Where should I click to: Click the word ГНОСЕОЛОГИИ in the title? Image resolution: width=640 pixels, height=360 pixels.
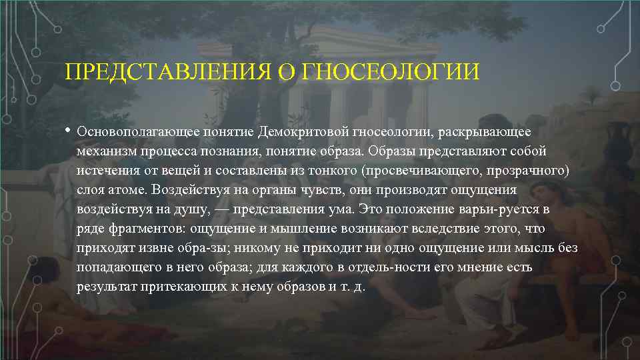[390, 71]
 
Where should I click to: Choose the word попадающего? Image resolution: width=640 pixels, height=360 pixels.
[116, 267]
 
